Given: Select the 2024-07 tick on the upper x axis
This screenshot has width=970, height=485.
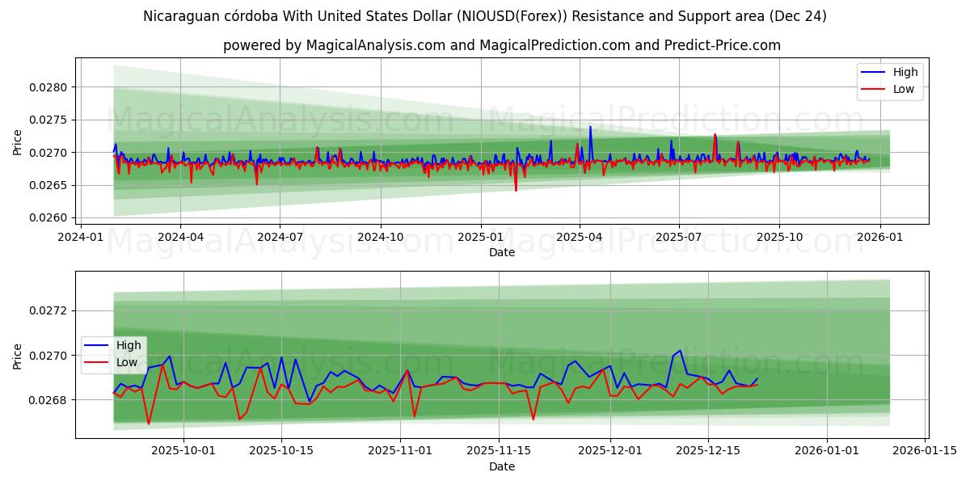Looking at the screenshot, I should [280, 237].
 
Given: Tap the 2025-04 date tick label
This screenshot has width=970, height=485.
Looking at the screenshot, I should [579, 237].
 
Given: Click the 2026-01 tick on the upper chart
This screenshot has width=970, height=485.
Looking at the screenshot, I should [879, 237].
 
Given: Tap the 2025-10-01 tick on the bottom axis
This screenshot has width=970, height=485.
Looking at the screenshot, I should [183, 450].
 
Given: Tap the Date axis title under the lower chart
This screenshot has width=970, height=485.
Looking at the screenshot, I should [502, 466].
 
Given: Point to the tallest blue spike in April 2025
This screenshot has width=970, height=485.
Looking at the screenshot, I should [590, 127].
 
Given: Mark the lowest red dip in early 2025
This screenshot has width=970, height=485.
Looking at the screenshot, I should [516, 190].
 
